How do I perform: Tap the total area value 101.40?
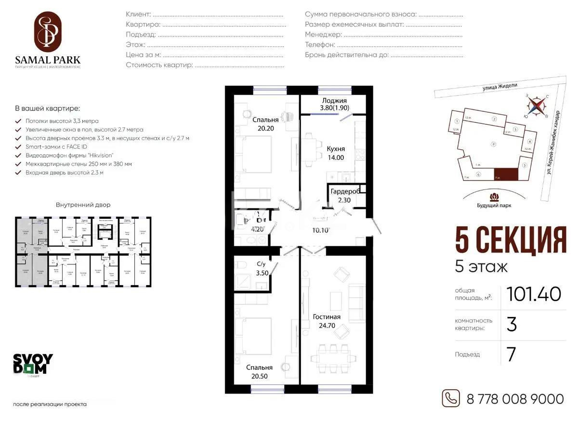coord(534,294)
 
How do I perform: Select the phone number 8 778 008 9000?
coord(515,399)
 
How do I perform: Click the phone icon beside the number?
coord(451,398)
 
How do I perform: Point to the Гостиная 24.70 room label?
coord(327,321)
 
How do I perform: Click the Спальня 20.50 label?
coord(259,372)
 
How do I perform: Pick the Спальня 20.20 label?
coord(265,124)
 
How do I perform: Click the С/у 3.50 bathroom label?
coord(262,268)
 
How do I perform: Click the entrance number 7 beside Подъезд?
coord(512,355)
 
